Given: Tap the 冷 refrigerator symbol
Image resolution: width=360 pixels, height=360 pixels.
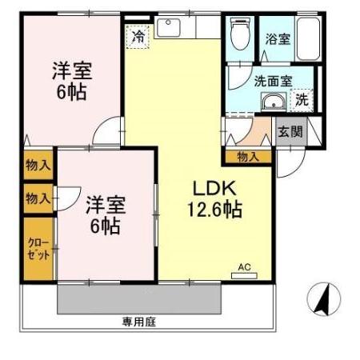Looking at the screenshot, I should coord(138,36).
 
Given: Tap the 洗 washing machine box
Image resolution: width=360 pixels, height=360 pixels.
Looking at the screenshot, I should coord(302,100).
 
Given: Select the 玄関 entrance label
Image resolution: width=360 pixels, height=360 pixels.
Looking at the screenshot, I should coord(290,132).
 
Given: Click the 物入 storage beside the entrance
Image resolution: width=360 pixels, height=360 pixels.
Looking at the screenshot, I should coord(248,157).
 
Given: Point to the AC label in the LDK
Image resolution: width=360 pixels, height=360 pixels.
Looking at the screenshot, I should coord(245,268).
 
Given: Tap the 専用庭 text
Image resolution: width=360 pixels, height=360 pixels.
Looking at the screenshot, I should coord(137,322).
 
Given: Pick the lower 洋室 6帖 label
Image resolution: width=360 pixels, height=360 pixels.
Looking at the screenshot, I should coord(103,214).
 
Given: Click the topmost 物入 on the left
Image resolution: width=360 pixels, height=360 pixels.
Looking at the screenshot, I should coord(38,165).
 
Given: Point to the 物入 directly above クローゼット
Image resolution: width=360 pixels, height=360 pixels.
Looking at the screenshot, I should coord(38,197).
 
